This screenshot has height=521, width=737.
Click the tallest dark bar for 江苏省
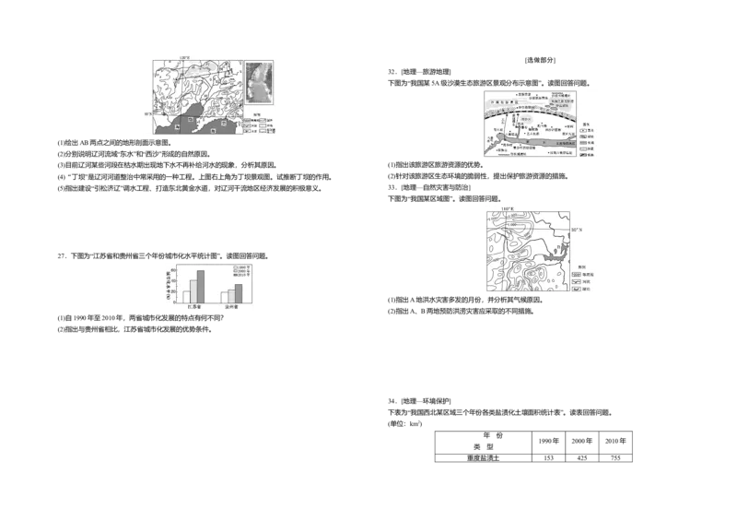pos(200,287)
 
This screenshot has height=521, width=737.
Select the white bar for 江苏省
pos(186,296)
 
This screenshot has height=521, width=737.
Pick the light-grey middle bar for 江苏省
pos(193,290)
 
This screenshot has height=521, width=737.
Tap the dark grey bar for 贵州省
pos(239,292)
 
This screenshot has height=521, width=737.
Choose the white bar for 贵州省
pos(224,297)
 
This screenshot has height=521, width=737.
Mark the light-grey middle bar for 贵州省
pos(231,295)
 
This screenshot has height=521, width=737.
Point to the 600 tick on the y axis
pos(176,269)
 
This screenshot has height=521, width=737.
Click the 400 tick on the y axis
pos(176,280)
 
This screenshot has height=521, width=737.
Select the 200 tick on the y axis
pos(176,291)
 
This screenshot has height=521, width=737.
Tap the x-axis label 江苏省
pos(193,307)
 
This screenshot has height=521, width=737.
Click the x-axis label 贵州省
pos(231,307)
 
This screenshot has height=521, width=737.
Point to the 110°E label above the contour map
pos(507,209)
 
